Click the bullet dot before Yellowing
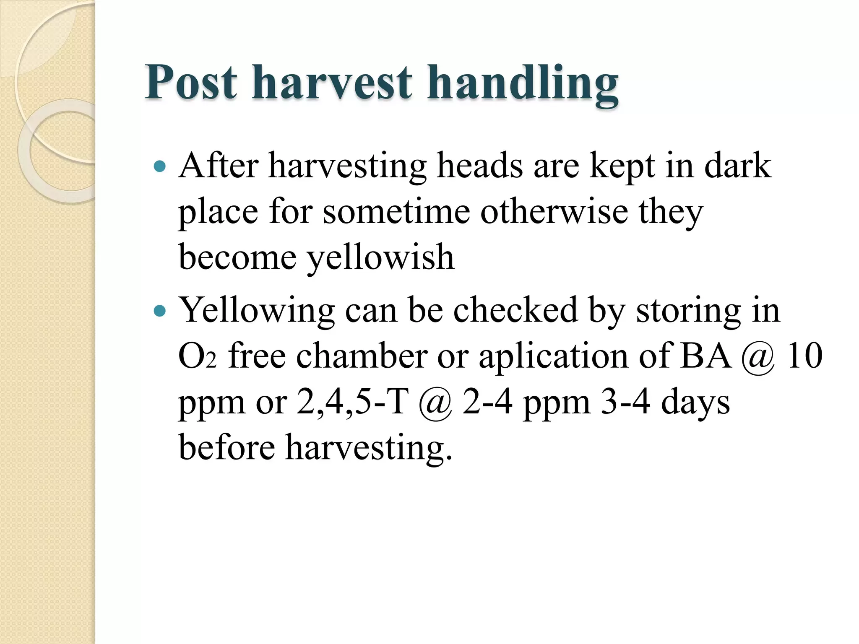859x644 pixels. (x=160, y=311)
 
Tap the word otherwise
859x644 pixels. (x=554, y=211)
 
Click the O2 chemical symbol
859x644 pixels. (x=197, y=356)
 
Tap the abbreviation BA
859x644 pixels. (x=706, y=356)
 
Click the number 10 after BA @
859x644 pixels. (x=804, y=356)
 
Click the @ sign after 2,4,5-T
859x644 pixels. (x=436, y=404)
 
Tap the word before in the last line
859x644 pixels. (x=227, y=448)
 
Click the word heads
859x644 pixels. (x=480, y=166)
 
